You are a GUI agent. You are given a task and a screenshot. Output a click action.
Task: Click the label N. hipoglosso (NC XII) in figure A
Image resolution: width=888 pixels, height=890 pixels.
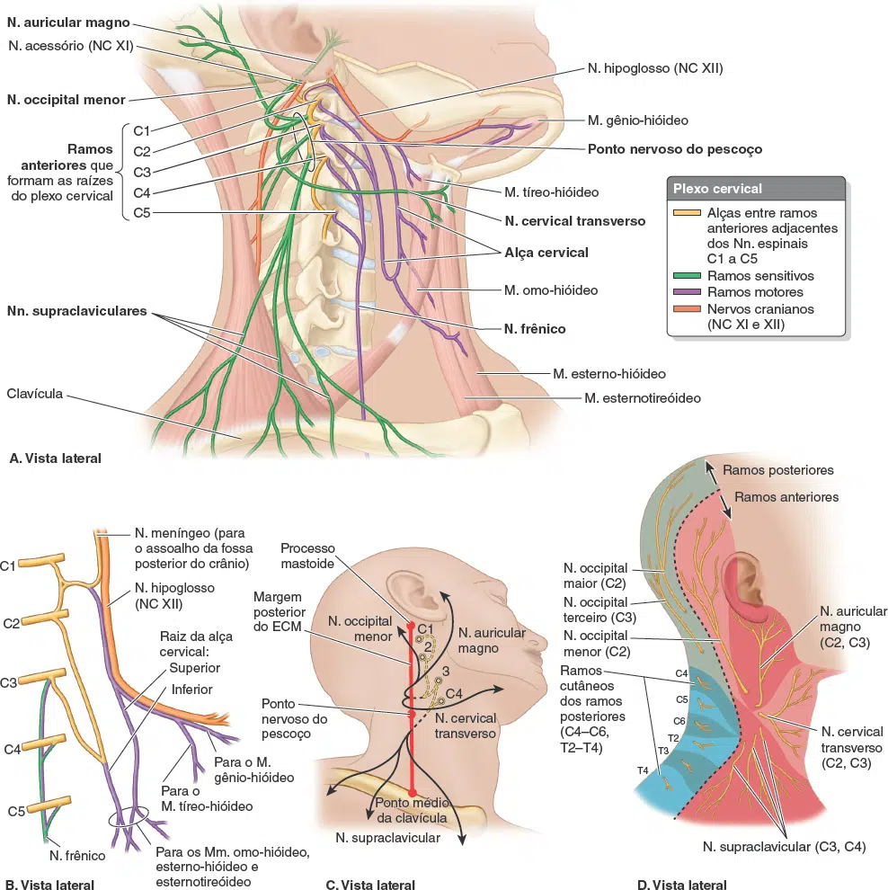(655, 68)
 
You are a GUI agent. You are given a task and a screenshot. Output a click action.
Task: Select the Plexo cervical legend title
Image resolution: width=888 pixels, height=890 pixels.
(717, 189)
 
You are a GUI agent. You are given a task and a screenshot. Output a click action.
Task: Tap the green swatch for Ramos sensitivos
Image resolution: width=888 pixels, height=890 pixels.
(687, 276)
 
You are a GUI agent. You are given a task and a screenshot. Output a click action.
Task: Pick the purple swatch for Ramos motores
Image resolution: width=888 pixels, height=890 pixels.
(687, 292)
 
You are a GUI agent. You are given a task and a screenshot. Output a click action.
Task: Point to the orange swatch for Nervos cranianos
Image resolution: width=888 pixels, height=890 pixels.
(687, 309)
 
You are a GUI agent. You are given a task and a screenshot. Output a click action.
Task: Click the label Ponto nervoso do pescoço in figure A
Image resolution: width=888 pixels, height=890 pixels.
(675, 149)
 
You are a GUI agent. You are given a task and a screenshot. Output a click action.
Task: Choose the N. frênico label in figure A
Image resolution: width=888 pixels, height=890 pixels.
(535, 329)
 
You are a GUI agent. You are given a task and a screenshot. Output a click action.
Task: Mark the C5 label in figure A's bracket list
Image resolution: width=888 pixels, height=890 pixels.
(142, 213)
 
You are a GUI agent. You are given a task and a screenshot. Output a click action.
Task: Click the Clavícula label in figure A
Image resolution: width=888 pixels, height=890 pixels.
(35, 394)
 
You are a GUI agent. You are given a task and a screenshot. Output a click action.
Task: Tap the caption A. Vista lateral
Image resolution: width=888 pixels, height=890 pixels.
(55, 458)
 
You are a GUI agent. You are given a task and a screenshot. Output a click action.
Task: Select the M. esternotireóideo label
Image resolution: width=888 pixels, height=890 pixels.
(643, 398)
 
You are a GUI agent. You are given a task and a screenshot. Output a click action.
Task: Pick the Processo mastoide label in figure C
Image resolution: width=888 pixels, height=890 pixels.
(307, 556)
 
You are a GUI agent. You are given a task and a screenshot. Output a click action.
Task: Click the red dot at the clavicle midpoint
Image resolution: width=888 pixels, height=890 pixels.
(413, 793)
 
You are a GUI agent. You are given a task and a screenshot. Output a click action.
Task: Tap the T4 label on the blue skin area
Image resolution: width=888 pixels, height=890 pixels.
(643, 770)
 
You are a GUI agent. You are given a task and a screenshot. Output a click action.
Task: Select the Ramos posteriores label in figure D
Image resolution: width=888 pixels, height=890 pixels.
(778, 470)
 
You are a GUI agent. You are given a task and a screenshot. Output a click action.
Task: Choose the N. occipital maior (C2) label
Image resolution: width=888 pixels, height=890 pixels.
(595, 576)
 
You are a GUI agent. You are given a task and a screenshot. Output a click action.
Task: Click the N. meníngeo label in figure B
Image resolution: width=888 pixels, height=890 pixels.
(193, 548)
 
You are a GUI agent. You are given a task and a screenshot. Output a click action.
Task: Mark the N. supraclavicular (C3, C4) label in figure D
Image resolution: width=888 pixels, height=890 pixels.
(784, 848)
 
